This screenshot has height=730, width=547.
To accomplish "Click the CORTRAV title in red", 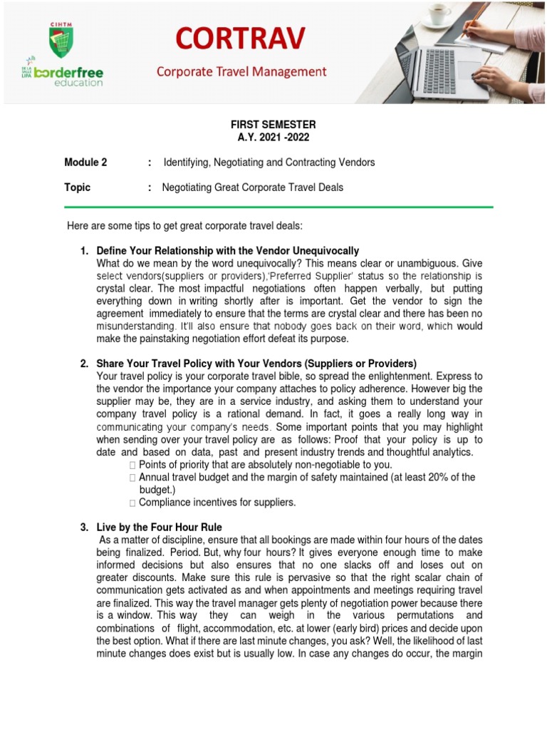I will tap(242, 37).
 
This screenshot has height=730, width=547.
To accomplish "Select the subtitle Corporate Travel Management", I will tap(241, 71).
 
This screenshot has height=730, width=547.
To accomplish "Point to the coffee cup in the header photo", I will tap(439, 14).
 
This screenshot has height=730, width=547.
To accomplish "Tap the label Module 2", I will tap(85, 163).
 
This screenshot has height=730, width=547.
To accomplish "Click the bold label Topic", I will tap(78, 187).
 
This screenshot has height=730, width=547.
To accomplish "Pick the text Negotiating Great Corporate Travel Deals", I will tap(253, 187).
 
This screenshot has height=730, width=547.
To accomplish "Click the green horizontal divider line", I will tap(278, 207).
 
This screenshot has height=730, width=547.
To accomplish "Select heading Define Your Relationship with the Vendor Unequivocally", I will tap(227, 251).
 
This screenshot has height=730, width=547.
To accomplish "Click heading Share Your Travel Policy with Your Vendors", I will tap(256, 364).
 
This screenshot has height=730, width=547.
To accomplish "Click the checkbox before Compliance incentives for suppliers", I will tap(132, 503).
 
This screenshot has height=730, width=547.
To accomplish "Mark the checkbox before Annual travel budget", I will tap(132, 478).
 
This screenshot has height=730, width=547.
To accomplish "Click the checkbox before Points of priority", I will tap(132, 465).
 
